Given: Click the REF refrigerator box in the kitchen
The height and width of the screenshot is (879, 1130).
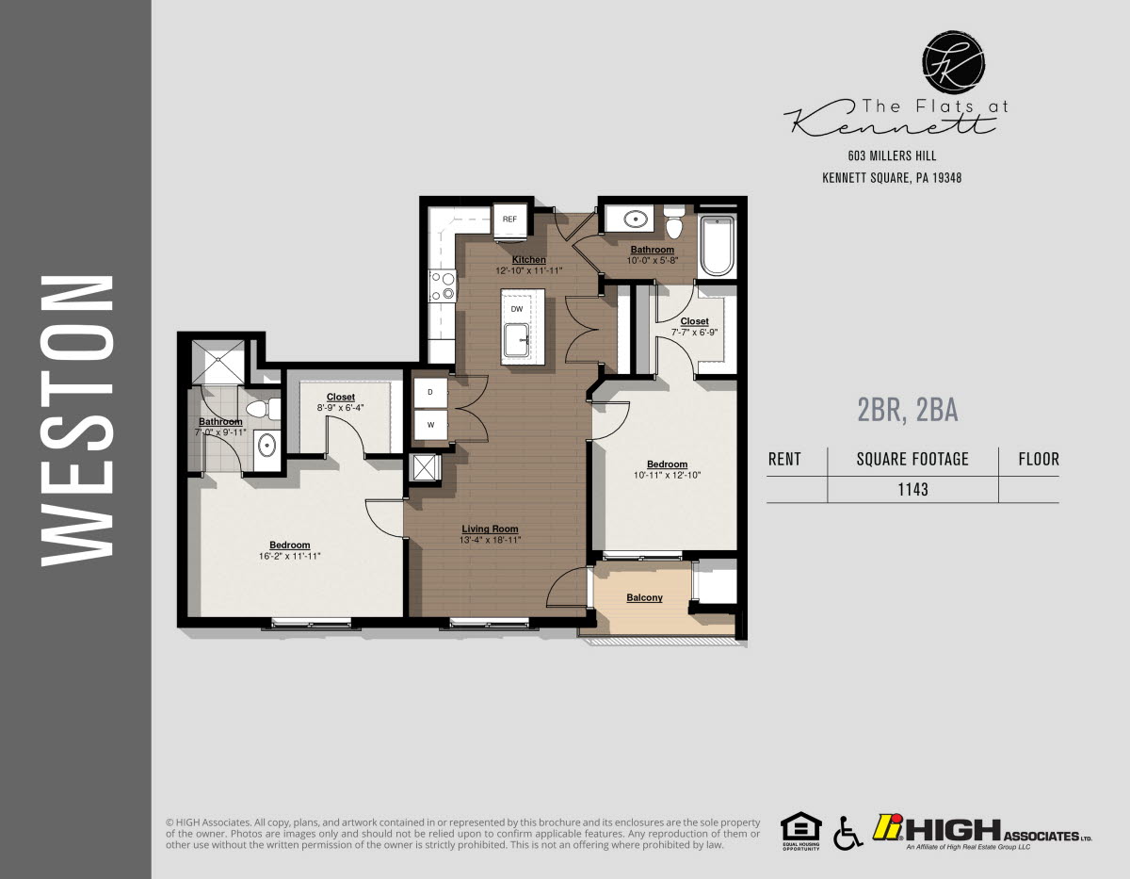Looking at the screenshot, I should (x=509, y=220).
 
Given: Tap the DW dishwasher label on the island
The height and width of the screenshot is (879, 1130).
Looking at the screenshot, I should (x=516, y=309).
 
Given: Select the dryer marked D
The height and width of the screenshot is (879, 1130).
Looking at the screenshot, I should (x=430, y=391).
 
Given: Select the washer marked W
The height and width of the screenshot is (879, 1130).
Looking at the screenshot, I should (x=430, y=425).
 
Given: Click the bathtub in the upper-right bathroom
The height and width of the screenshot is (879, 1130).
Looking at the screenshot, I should (x=717, y=246).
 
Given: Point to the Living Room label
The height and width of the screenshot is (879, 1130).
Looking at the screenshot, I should (x=490, y=529).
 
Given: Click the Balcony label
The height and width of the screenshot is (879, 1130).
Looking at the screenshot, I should (x=644, y=597).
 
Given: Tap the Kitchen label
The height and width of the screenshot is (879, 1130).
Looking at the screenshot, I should (x=528, y=259).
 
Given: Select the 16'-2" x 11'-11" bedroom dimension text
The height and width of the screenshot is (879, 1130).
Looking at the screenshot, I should (x=289, y=557).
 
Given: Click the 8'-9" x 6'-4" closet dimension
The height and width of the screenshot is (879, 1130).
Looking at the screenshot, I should (x=341, y=408).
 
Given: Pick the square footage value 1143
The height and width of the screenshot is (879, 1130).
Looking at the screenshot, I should (x=912, y=489).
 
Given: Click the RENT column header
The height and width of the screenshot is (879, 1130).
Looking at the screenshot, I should (x=784, y=460).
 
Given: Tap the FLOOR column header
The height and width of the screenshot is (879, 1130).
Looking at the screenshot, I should (x=1039, y=460).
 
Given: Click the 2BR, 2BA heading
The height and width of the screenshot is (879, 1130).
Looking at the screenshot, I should (x=907, y=410).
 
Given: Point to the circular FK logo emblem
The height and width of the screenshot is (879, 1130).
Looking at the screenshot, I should (x=954, y=63).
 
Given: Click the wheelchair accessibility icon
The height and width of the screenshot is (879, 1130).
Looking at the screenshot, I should (x=847, y=832).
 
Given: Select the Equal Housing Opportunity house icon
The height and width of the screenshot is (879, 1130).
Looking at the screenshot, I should (x=800, y=828).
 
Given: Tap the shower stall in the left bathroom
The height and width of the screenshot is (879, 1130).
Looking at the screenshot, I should (x=218, y=362).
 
